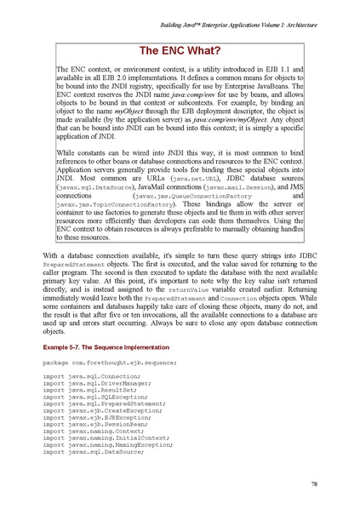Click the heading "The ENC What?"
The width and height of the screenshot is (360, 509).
(x=180, y=49)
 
